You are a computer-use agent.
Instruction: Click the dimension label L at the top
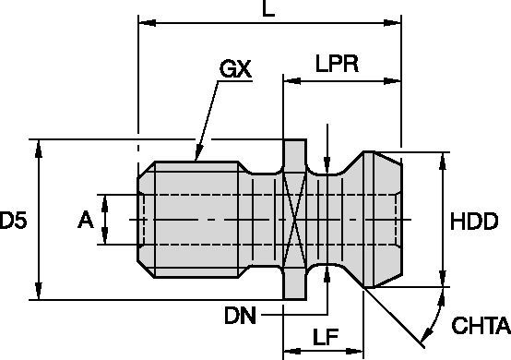click(x=268, y=8)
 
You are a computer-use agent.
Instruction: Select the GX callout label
click(x=235, y=69)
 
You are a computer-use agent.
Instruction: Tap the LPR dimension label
click(x=337, y=64)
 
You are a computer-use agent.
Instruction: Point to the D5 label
click(x=13, y=220)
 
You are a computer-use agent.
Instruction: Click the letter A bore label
click(x=86, y=220)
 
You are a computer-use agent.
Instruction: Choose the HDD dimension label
click(x=474, y=222)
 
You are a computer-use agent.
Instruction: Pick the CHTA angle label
click(x=481, y=325)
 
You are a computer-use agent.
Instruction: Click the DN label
click(x=240, y=316)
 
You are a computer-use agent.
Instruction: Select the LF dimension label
click(x=326, y=337)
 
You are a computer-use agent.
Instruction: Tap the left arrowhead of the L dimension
click(x=147, y=23)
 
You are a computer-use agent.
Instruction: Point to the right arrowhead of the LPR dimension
click(x=392, y=81)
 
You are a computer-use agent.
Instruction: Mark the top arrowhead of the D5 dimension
click(x=39, y=149)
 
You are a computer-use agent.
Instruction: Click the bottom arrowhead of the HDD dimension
click(x=443, y=279)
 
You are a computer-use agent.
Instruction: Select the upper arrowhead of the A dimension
click(x=104, y=203)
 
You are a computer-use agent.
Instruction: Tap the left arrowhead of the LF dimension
click(x=292, y=351)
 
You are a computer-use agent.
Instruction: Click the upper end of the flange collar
click(x=295, y=140)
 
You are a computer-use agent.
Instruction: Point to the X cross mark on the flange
click(x=295, y=220)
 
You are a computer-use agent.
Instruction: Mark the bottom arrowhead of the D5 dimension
click(x=39, y=291)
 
